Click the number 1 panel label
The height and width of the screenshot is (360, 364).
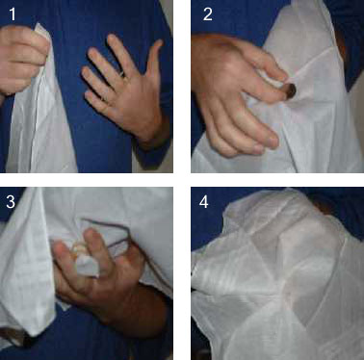13,14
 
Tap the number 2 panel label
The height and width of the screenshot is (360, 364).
208,14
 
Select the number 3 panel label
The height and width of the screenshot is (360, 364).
11,202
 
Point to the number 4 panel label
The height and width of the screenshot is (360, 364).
204,202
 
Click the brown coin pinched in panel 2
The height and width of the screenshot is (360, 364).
291,91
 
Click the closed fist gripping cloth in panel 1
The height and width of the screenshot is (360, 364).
23,60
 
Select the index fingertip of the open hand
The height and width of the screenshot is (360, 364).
112,39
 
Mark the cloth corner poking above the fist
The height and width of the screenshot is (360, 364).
41,30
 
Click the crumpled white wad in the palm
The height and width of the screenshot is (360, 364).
85,260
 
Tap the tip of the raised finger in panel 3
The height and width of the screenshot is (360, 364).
91,234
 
